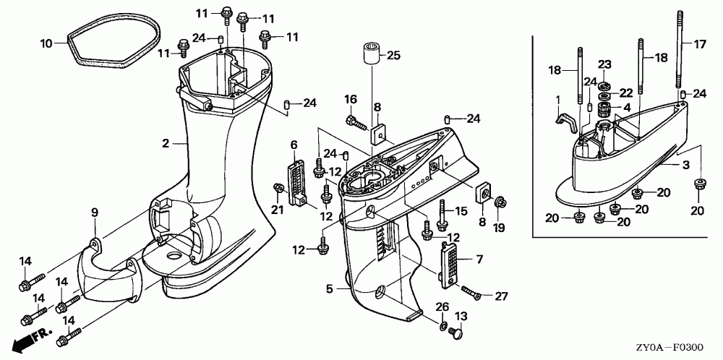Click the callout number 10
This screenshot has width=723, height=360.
(x=46, y=43)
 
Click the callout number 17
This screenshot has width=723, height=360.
(x=699, y=44)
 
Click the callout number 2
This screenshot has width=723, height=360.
(x=166, y=143)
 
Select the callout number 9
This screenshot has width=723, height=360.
(x=94, y=212)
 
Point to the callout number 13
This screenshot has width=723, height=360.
(x=461, y=317)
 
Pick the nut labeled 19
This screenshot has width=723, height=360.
(x=499, y=205)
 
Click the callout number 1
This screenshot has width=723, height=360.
(x=557, y=98)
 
